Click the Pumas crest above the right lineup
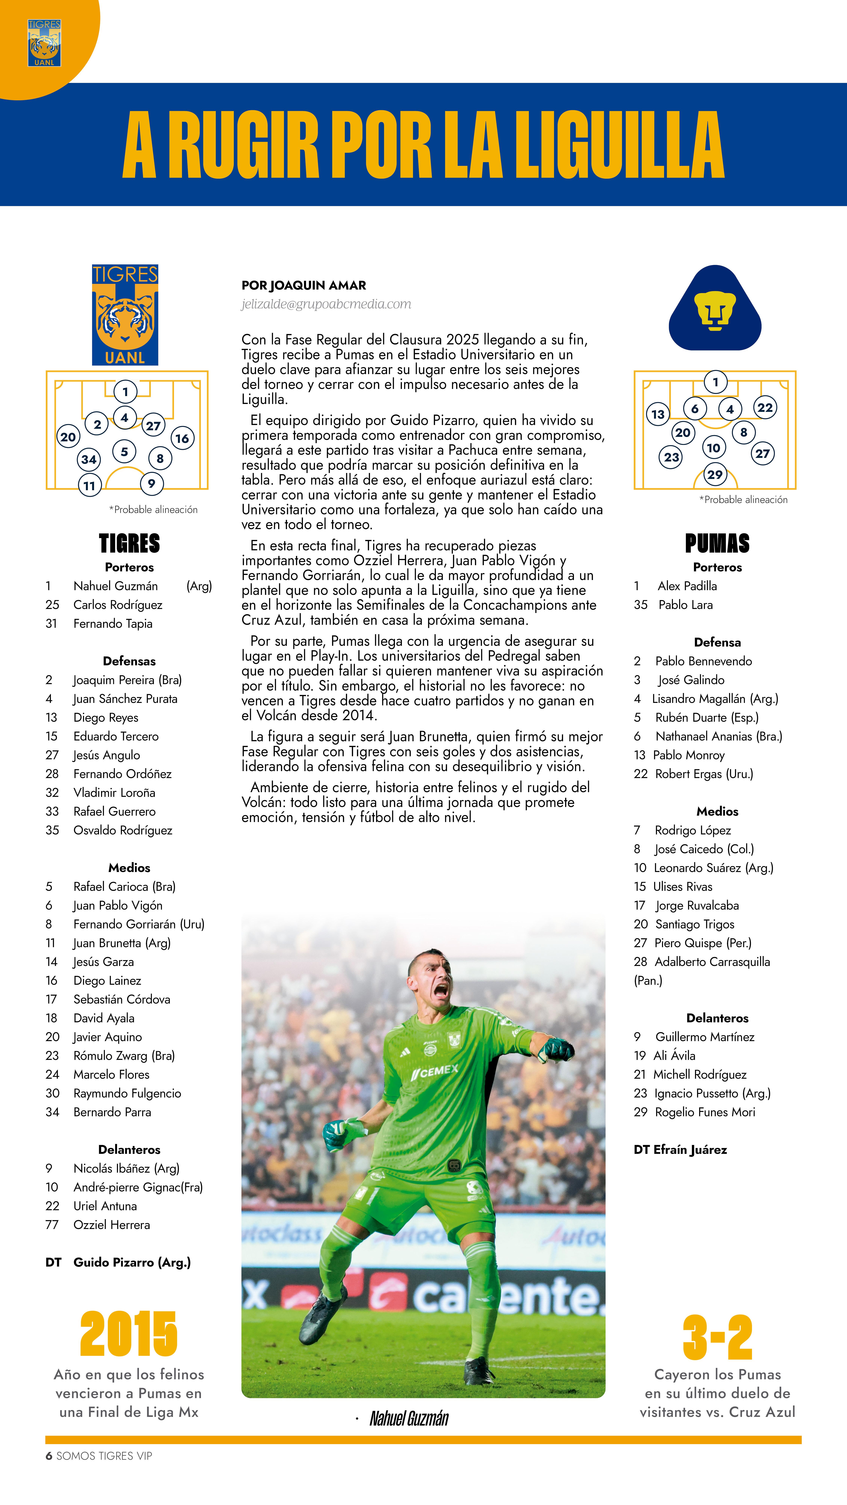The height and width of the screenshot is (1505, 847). (x=715, y=309)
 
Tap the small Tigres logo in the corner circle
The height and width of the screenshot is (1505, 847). (x=44, y=43)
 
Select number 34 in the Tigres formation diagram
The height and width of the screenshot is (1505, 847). (x=89, y=459)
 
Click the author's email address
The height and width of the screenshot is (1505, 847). (x=326, y=304)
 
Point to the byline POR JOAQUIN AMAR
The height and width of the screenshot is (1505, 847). (x=304, y=285)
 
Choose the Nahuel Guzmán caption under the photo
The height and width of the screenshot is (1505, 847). (x=409, y=1418)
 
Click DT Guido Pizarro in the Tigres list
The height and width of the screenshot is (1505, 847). (x=118, y=1262)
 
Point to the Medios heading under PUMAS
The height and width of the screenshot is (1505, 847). (x=717, y=811)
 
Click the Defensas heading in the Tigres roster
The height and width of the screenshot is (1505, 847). (x=129, y=661)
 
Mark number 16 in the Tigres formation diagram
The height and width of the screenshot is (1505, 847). (x=182, y=438)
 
